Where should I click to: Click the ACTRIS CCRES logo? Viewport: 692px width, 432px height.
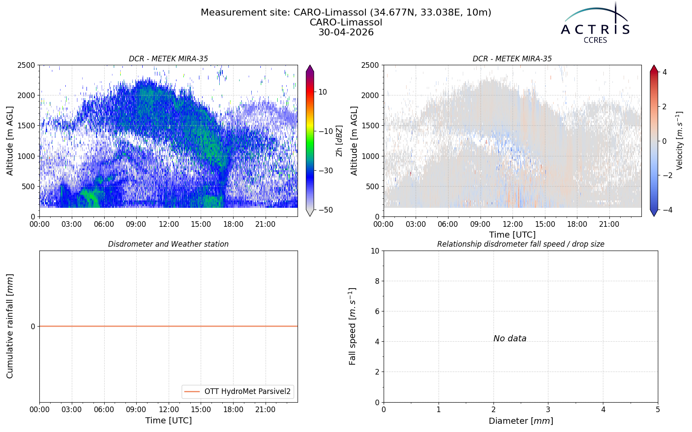pos(595,23)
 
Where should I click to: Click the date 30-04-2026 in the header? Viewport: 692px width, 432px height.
pos(346,32)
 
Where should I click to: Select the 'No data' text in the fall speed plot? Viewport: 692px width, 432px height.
pos(510,339)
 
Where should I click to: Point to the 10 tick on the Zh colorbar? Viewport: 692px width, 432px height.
pos(323,92)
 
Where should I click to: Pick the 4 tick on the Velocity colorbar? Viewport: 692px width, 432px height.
pos(664,72)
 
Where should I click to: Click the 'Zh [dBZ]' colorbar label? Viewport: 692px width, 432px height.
pos(339,141)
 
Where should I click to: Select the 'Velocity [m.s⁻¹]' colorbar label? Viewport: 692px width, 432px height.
pos(679,141)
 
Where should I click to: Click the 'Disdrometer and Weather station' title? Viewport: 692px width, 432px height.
pos(168,244)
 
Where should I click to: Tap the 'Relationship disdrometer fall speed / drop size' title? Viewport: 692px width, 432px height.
pos(521,244)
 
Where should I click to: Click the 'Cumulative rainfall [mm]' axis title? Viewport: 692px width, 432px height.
pos(10,326)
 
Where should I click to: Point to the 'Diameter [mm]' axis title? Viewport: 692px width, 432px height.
pos(521,421)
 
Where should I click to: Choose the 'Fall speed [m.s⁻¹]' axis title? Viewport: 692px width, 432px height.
pos(352,327)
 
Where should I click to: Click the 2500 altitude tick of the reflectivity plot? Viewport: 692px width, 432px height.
pos(27,65)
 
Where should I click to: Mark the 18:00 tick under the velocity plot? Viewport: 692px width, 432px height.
pos(577,224)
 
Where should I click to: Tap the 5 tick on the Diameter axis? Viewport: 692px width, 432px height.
pos(658,410)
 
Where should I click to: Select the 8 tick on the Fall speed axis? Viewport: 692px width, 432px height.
pos(377,281)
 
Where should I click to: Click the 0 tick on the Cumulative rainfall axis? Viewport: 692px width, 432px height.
pos(33,327)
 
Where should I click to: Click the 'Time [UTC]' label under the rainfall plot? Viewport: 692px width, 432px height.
pos(168,421)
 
